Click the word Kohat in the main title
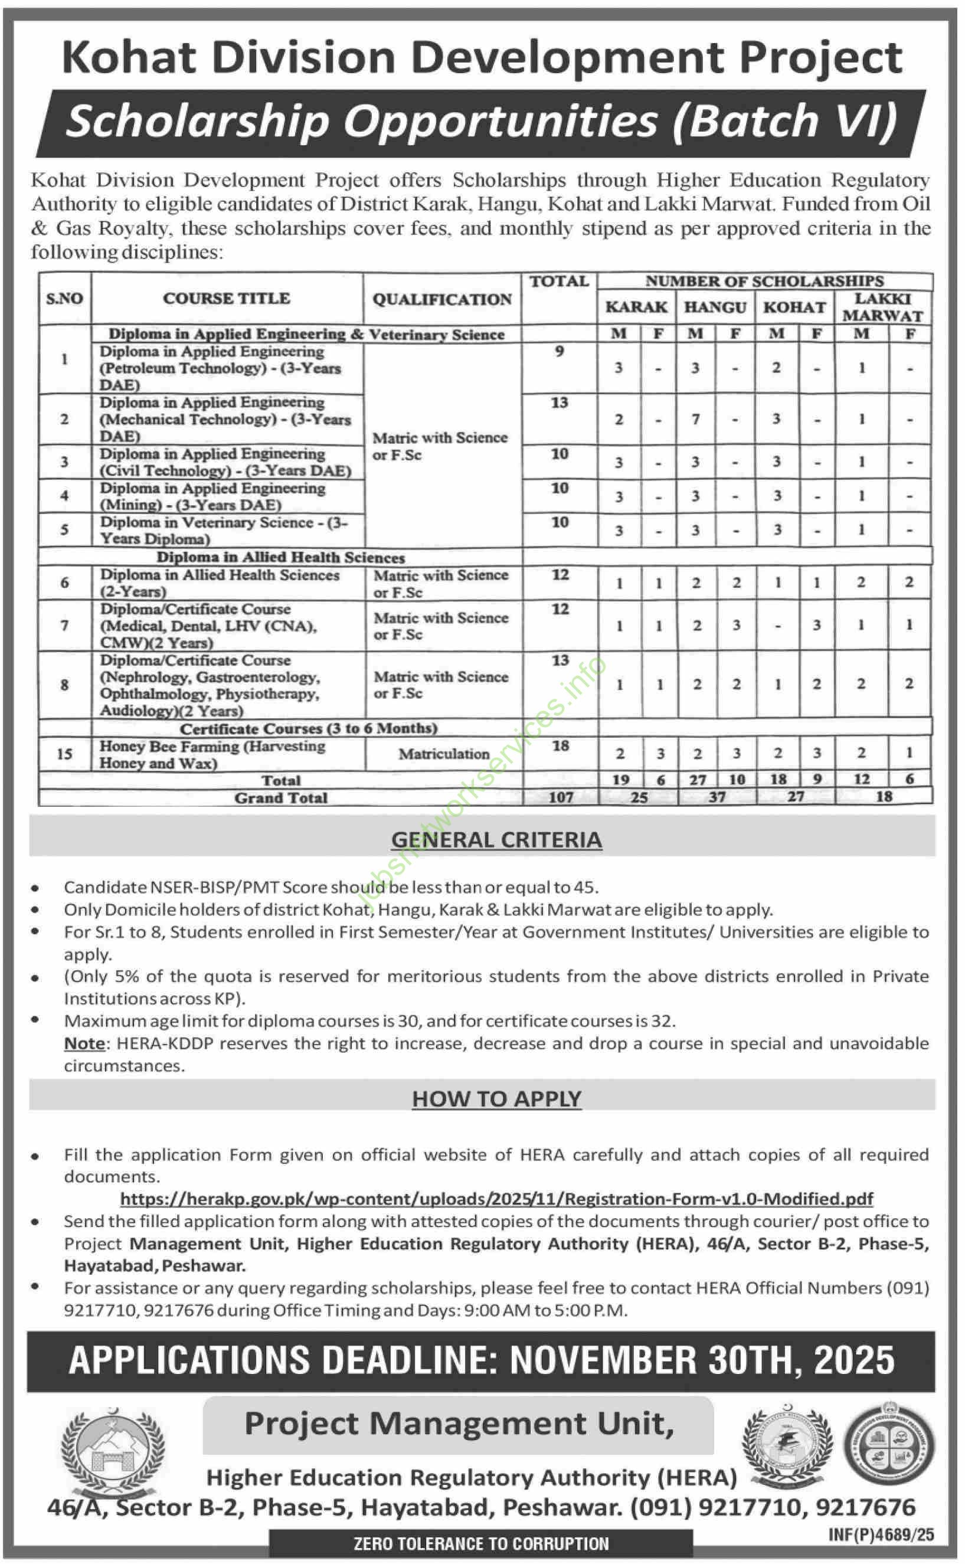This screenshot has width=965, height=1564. click(130, 58)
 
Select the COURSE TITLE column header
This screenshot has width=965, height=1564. click(226, 299)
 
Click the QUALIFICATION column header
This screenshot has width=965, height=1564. click(441, 299)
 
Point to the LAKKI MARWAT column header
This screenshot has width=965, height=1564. click(883, 307)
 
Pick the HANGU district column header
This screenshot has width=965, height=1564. click(715, 307)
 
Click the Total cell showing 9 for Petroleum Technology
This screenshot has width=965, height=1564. click(559, 352)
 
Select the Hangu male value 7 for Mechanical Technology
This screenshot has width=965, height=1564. click(696, 419)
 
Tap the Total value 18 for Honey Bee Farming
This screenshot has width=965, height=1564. click(560, 746)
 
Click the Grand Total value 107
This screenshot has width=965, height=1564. click(560, 797)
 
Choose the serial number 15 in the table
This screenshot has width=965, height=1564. click(64, 754)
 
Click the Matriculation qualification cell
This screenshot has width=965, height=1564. click(444, 754)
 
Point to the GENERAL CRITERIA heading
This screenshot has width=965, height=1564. click(496, 840)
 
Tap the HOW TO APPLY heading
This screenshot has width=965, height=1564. click(496, 1099)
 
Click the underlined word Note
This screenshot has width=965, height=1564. click(84, 1043)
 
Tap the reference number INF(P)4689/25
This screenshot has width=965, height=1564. click(881, 1534)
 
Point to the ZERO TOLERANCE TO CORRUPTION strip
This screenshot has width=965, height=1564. click(480, 1543)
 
